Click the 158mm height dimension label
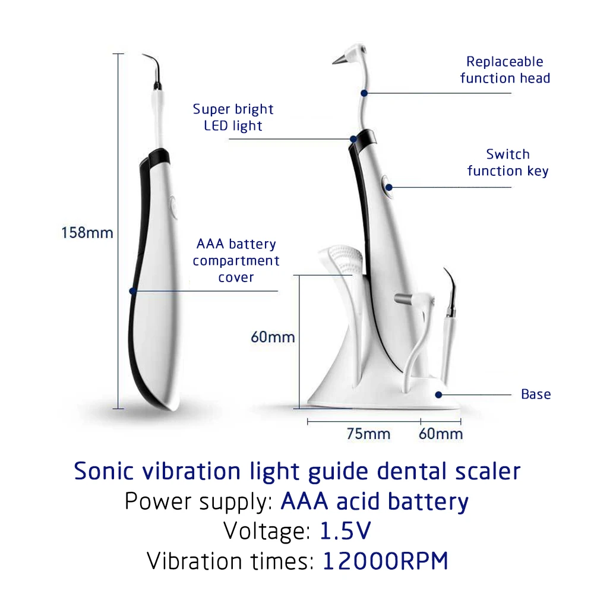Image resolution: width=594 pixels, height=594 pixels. coord(87,232)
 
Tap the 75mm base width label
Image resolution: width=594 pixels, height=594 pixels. coord(368,434)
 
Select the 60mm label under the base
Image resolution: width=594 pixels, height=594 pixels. coord(440,434)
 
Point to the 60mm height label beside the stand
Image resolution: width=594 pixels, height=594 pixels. coord(273,337)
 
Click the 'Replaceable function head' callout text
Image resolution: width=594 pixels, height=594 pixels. coord(505,69)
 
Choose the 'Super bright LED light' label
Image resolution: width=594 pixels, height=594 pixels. coord(233,117)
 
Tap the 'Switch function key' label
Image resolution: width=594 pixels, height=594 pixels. coord(507,162)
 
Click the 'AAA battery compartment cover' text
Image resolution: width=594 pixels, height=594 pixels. coord(236,260)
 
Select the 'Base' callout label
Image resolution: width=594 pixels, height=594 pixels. coord(536,394)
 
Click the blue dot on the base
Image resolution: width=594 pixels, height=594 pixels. coord(439,394)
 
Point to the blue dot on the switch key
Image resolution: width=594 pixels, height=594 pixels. coord(389,187)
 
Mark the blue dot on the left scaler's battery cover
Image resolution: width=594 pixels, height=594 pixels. coord(133,290)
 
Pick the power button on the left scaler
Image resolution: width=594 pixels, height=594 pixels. coord(172,208)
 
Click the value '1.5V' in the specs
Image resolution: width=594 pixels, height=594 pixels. coord(346,530)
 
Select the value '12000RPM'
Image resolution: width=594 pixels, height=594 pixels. coord(385,561)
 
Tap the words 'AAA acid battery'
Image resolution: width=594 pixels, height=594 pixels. coord(374,501)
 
